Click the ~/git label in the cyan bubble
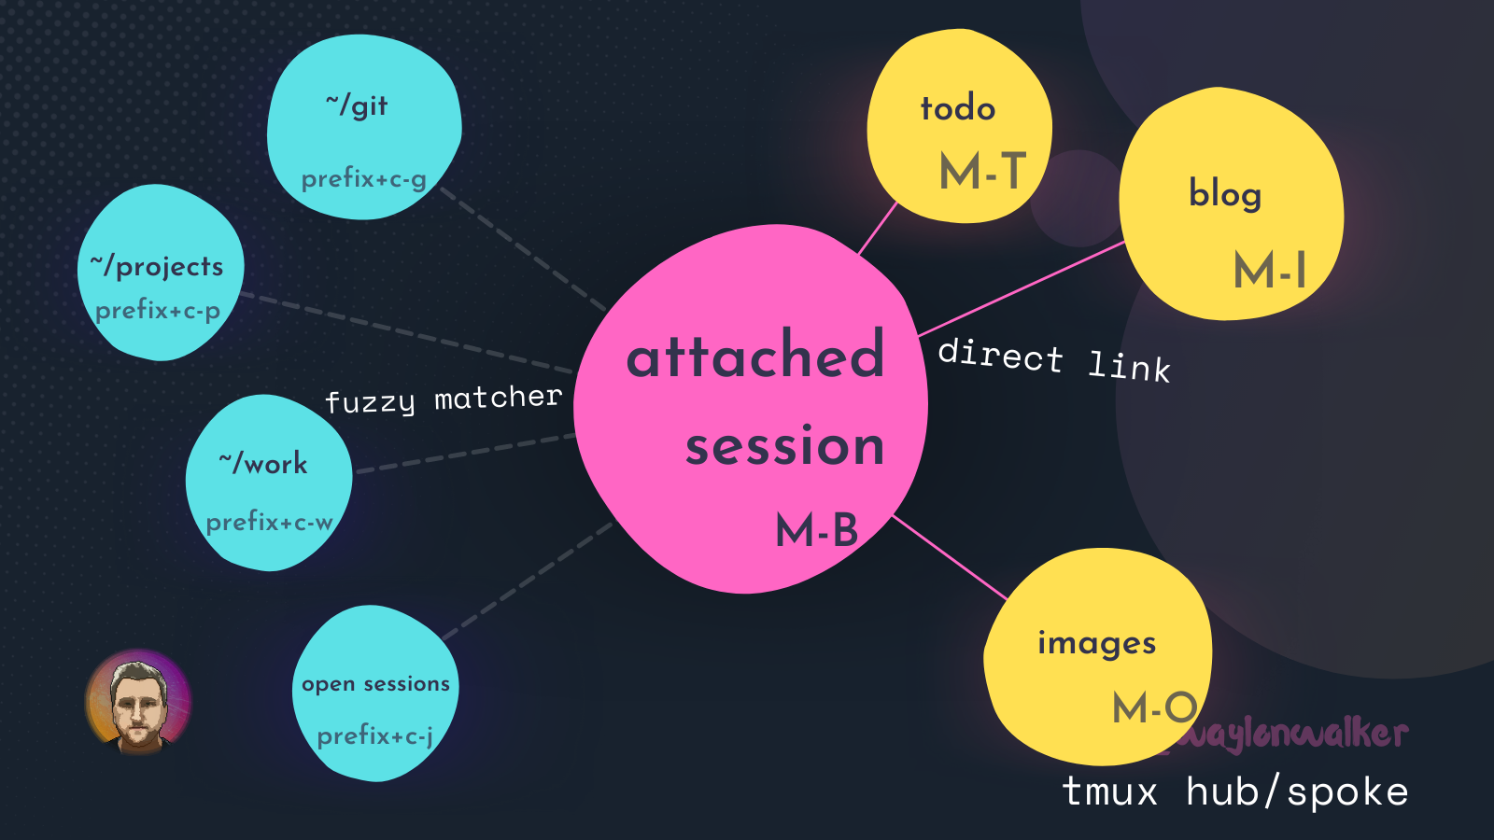tap(357, 105)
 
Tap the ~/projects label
tap(157, 267)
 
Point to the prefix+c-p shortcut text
tap(158, 310)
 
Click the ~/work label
tap(263, 463)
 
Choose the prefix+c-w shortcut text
tap(269, 522)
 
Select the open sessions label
tap(375, 684)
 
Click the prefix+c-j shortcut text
tap(374, 736)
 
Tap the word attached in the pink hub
tap(754, 356)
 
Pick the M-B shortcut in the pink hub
tap(816, 531)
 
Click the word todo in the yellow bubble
tap(958, 108)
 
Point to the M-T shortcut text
tap(982, 172)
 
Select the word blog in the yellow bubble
tap(1225, 194)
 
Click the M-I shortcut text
tap(1270, 271)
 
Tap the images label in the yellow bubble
tap(1097, 643)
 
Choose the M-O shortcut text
tap(1155, 707)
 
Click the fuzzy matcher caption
tap(444, 399)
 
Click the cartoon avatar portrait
tap(138, 702)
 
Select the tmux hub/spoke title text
tap(1234, 791)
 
